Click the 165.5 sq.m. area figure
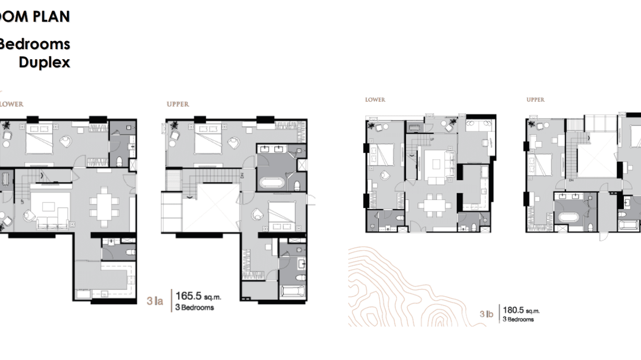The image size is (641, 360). point(198,296)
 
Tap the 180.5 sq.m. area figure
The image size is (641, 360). point(520,310)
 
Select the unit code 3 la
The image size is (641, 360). point(155,301)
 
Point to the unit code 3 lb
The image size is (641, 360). point(486,314)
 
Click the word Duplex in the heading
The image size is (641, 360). point(44,62)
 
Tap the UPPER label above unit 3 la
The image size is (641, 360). point(178,104)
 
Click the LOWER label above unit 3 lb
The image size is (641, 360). point(375,100)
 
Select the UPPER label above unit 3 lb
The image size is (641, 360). point(535,100)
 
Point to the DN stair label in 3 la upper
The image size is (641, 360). point(242,175)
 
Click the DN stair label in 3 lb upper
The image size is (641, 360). point(571,180)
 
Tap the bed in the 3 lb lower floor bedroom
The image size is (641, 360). point(382,154)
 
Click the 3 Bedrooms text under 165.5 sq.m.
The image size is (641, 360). point(197,307)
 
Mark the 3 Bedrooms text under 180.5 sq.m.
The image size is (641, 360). point(518,319)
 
